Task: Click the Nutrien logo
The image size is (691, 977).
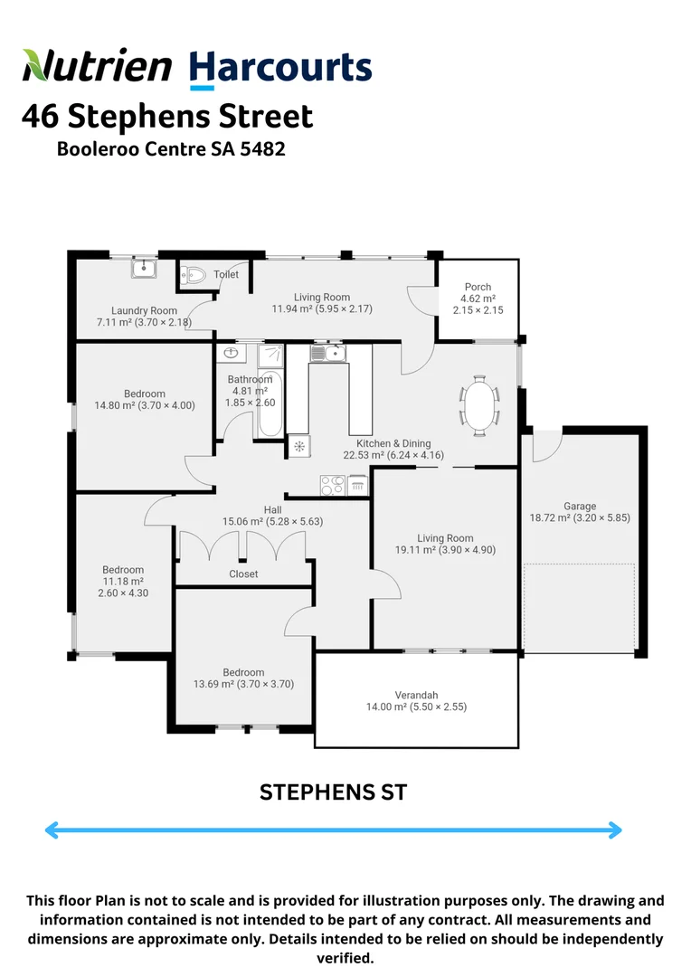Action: (x=97, y=67)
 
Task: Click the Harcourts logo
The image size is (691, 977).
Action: (x=280, y=69)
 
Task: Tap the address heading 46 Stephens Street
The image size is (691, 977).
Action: (x=167, y=117)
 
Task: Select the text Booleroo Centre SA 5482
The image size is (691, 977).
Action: (x=171, y=148)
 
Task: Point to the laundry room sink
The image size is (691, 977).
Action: (x=144, y=268)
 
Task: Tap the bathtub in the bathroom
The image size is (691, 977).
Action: (x=270, y=404)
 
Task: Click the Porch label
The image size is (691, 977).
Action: (x=478, y=287)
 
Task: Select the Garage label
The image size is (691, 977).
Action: (x=580, y=507)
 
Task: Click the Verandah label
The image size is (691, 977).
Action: (x=416, y=695)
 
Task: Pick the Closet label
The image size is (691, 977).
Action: (x=243, y=574)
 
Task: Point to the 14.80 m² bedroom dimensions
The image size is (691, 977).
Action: (x=145, y=405)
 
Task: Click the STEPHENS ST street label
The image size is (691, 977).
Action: (x=334, y=792)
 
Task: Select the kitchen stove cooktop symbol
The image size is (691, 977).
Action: (x=332, y=486)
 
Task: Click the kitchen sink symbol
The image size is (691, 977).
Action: (x=325, y=352)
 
